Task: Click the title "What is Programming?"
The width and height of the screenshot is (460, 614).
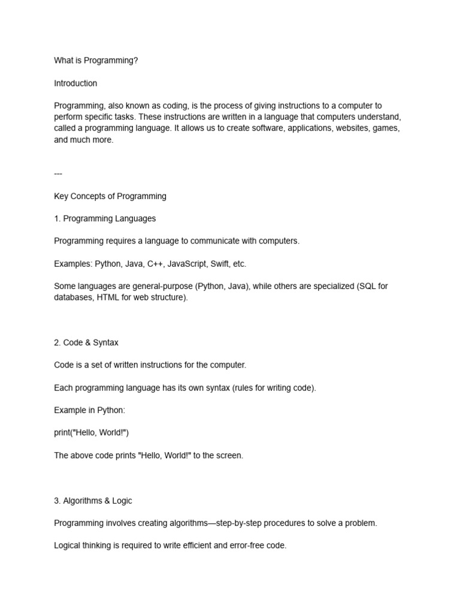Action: [x=96, y=61]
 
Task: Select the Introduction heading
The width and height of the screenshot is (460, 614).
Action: [x=75, y=83]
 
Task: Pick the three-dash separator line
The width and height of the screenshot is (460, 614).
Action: [x=58, y=173]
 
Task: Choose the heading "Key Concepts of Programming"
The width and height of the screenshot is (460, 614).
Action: [x=110, y=196]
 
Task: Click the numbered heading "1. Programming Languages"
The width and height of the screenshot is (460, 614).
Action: [x=105, y=218]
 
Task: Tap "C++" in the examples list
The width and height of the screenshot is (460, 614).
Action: [x=155, y=264]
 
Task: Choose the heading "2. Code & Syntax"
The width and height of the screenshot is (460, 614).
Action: [x=86, y=342]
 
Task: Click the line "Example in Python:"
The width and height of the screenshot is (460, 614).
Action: [x=89, y=410]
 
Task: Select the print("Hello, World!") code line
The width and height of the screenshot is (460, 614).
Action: [x=92, y=433]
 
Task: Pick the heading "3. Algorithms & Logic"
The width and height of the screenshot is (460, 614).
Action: [x=93, y=500]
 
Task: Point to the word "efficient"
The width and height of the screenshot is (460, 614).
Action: [x=194, y=546]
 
